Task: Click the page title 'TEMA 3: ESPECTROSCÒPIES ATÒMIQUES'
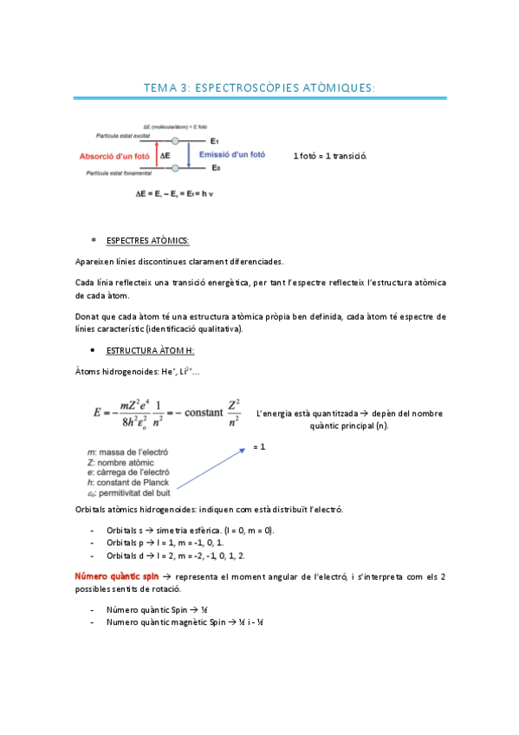(259, 88)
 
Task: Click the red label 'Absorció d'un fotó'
(114, 156)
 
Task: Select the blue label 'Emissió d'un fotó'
(232, 154)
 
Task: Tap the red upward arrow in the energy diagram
(156, 155)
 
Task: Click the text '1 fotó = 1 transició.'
(330, 156)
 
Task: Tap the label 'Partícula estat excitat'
(125, 135)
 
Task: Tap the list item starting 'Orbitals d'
(176, 556)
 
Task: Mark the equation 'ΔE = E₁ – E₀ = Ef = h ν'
(174, 194)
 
